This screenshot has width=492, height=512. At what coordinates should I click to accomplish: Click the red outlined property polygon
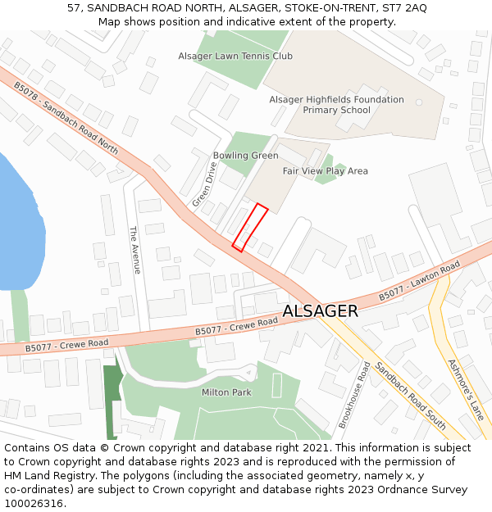(251, 226)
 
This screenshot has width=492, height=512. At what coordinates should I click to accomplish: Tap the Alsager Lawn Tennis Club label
(235, 56)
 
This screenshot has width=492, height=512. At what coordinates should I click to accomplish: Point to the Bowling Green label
(245, 156)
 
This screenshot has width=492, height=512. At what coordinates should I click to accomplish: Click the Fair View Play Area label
(325, 171)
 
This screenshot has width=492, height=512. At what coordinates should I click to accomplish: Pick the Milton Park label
(226, 392)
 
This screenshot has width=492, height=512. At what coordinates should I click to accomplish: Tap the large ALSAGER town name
(321, 311)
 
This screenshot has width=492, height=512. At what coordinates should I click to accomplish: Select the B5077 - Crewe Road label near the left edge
(66, 345)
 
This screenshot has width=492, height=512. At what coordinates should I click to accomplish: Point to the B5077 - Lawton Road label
(419, 281)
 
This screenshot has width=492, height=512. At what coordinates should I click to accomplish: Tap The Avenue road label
(136, 249)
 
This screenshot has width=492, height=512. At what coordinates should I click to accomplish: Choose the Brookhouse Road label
(355, 395)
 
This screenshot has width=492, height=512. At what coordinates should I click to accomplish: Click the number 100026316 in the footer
(34, 504)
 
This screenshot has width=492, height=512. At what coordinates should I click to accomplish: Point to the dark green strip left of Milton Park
(112, 401)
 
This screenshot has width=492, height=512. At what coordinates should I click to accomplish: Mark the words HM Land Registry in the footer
(41, 476)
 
